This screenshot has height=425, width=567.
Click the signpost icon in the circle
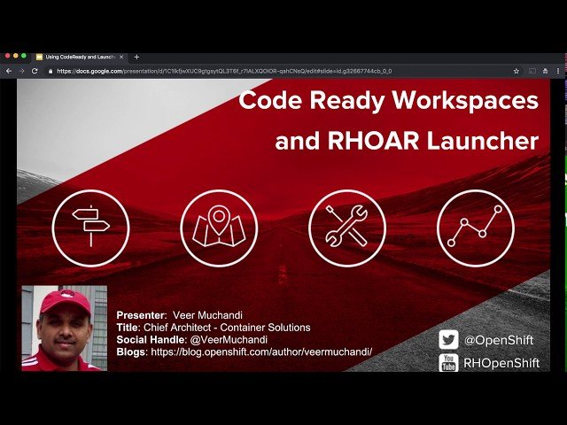(90, 228)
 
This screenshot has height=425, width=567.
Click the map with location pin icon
(219, 228)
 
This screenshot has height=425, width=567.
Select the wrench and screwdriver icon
(346, 228)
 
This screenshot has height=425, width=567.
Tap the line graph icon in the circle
(475, 228)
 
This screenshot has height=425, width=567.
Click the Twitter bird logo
(448, 340)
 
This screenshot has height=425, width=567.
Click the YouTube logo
(448, 361)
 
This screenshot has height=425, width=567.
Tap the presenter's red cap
(66, 301)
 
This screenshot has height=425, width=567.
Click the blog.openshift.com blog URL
(261, 352)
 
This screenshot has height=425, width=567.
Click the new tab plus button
(136, 57)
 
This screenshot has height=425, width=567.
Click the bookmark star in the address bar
(516, 71)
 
